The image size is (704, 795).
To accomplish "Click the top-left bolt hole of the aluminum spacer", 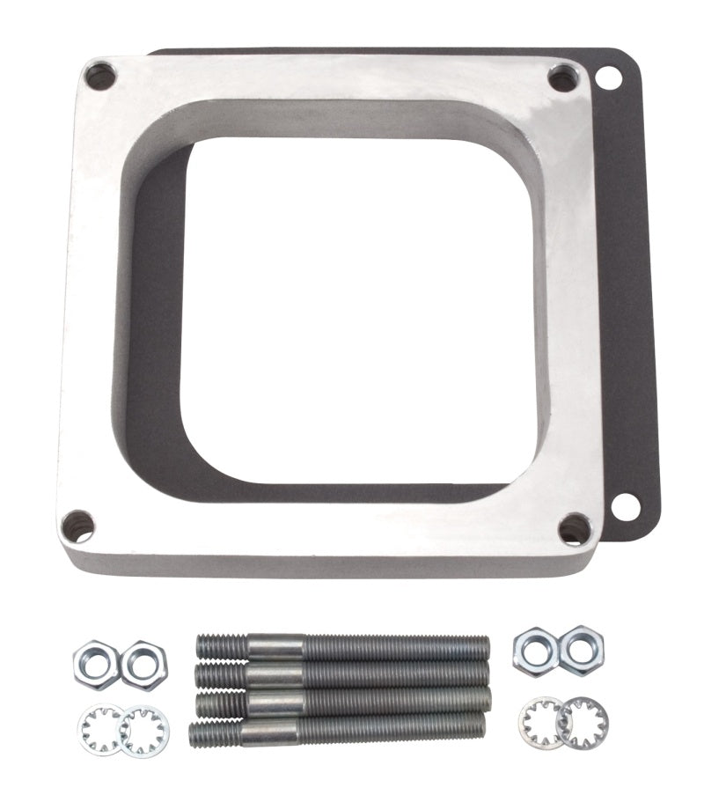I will tap(100, 77).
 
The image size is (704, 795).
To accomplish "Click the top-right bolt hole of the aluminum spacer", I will tap(562, 79).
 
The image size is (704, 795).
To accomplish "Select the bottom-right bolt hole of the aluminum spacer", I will tap(576, 528).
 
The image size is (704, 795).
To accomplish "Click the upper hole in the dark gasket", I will tap(607, 78).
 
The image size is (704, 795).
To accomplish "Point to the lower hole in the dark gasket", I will tap(626, 506).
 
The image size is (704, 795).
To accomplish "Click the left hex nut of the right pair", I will tap(536, 650).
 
